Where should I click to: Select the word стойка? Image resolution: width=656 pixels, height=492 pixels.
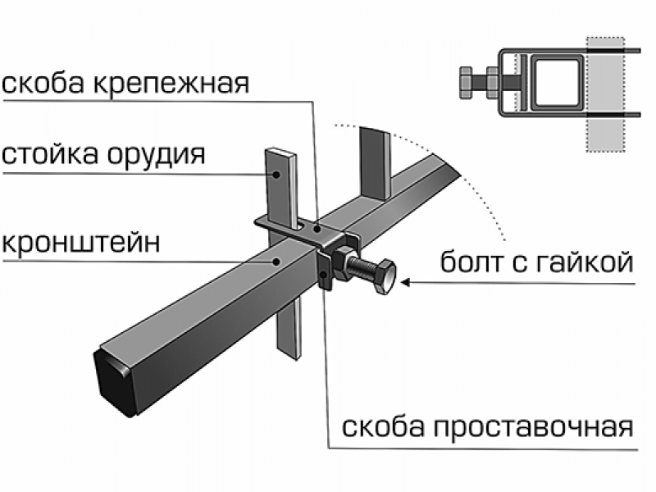click(52, 154)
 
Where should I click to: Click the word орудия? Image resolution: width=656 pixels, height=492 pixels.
click(159, 154)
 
